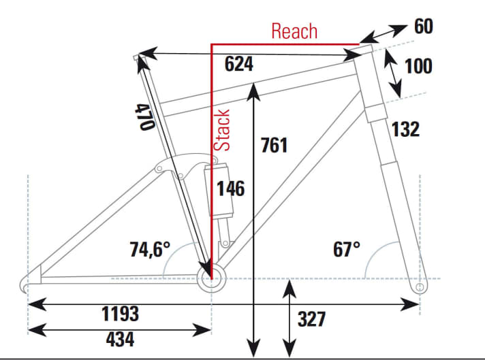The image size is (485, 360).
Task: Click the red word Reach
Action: click(x=294, y=31)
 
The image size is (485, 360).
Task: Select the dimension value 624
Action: click(x=239, y=65)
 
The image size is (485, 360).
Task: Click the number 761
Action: click(x=275, y=145)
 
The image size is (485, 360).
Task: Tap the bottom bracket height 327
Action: click(x=312, y=318)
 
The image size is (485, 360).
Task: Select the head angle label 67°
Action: click(x=346, y=249)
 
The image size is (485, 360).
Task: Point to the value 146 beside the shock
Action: click(x=230, y=188)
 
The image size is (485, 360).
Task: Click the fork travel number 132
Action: click(x=405, y=129)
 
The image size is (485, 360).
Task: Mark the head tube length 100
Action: click(x=418, y=67)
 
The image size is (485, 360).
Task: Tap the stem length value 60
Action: click(x=423, y=27)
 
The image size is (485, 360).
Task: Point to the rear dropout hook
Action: click(x=27, y=282)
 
